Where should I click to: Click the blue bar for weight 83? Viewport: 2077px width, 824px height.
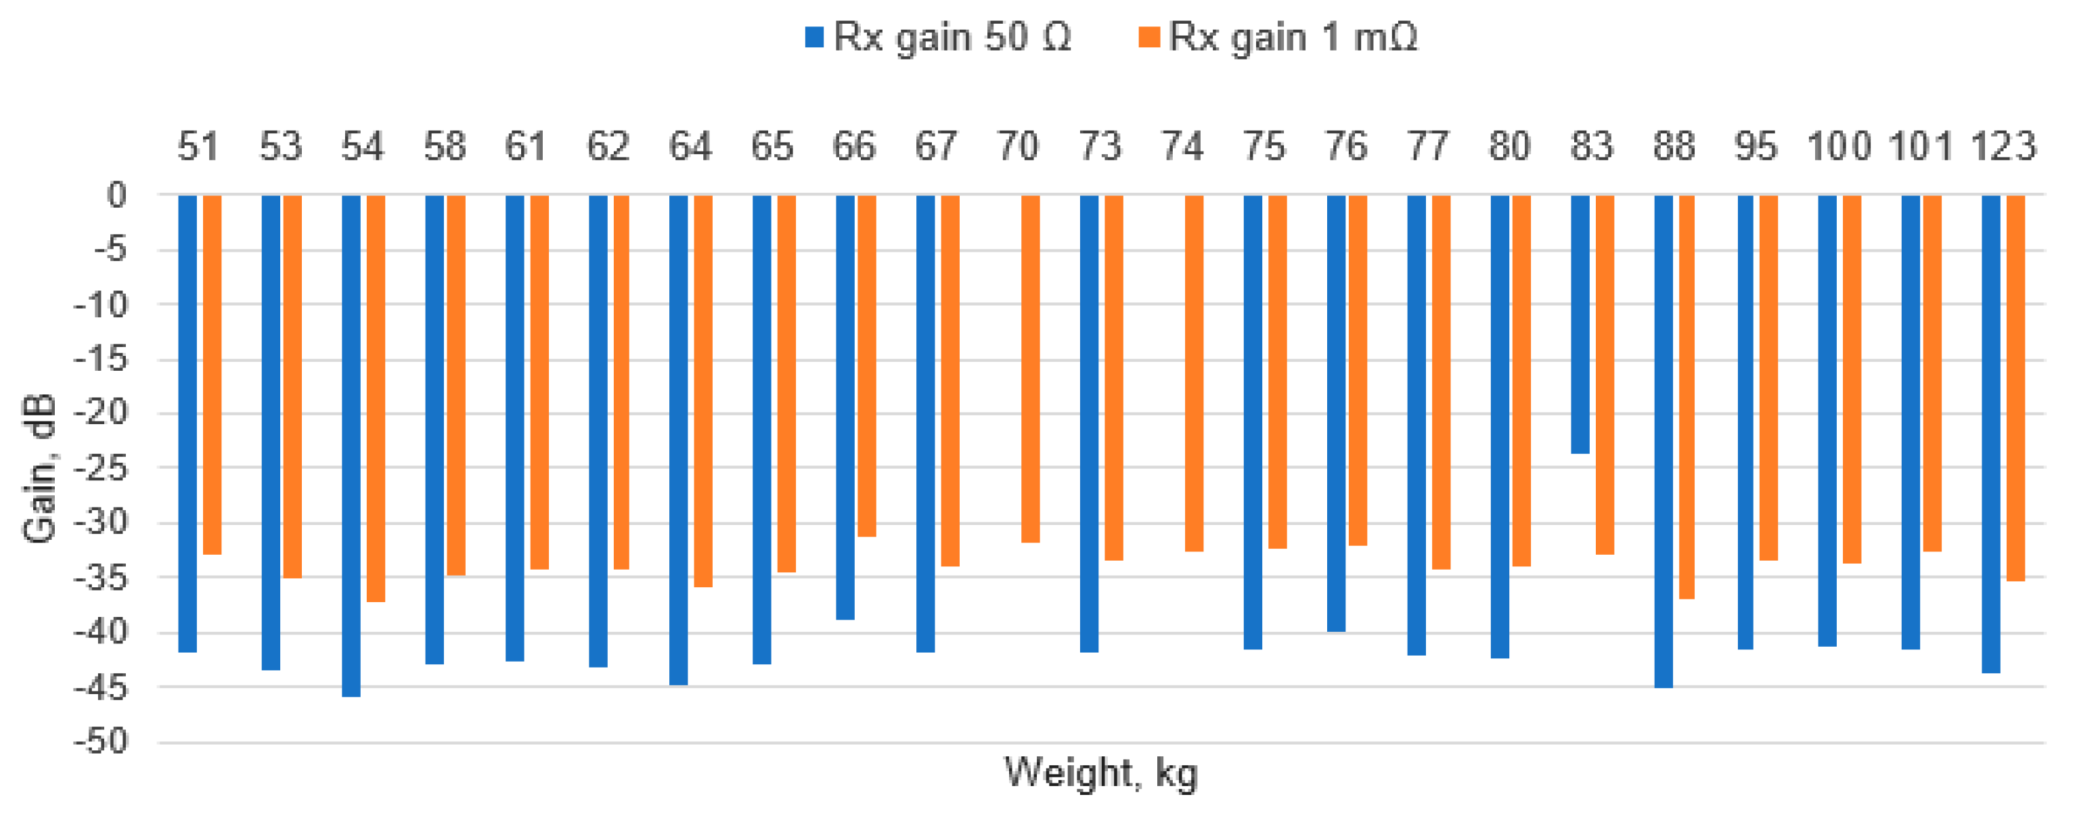pyautogui.click(x=1580, y=323)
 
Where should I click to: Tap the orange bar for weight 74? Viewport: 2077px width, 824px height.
pyautogui.click(x=1193, y=373)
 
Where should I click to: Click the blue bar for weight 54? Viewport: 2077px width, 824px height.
pyautogui.click(x=351, y=445)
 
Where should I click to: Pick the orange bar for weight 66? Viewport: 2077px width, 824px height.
pyautogui.click(x=866, y=365)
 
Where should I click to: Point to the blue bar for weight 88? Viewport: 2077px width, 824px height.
pyautogui.click(x=1663, y=441)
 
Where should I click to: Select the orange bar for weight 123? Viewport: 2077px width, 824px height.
pyautogui.click(x=2015, y=387)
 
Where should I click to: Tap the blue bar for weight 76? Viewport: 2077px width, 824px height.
pyautogui.click(x=1335, y=413)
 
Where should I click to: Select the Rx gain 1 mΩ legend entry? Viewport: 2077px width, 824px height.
pyautogui.click(x=1277, y=37)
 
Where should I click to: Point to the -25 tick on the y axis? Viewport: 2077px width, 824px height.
pyautogui.click(x=102, y=467)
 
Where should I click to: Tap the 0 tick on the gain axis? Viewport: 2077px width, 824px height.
pyautogui.click(x=117, y=194)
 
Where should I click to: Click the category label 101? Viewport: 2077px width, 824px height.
pyautogui.click(x=1921, y=147)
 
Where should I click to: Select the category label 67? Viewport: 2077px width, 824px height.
pyautogui.click(x=935, y=147)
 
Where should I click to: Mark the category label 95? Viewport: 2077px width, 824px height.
pyautogui.click(x=1756, y=147)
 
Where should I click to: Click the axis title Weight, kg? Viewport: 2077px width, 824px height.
pyautogui.click(x=1100, y=773)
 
